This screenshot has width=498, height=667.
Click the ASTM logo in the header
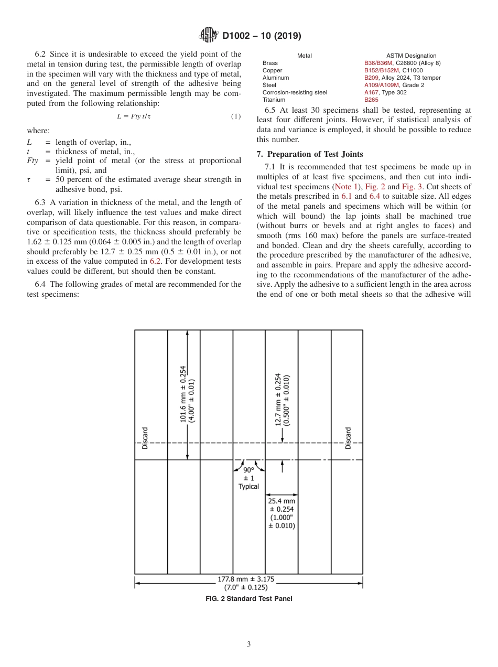tap(209, 36)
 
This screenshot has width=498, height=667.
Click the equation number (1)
tap(236, 116)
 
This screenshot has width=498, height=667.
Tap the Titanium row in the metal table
tap(274, 100)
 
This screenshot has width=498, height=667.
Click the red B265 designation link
tap(371, 100)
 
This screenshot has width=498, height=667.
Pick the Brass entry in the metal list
tap(270, 63)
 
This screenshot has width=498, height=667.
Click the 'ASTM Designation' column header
tap(411, 56)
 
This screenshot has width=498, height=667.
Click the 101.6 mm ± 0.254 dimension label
tap(187, 394)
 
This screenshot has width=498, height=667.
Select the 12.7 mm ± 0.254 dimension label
tap(282, 400)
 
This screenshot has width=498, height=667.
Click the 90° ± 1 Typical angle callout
tap(248, 478)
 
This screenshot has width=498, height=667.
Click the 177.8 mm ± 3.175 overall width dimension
tap(246, 583)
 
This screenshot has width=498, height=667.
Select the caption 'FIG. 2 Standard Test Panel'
tap(248, 599)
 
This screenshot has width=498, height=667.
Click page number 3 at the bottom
tap(248, 644)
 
